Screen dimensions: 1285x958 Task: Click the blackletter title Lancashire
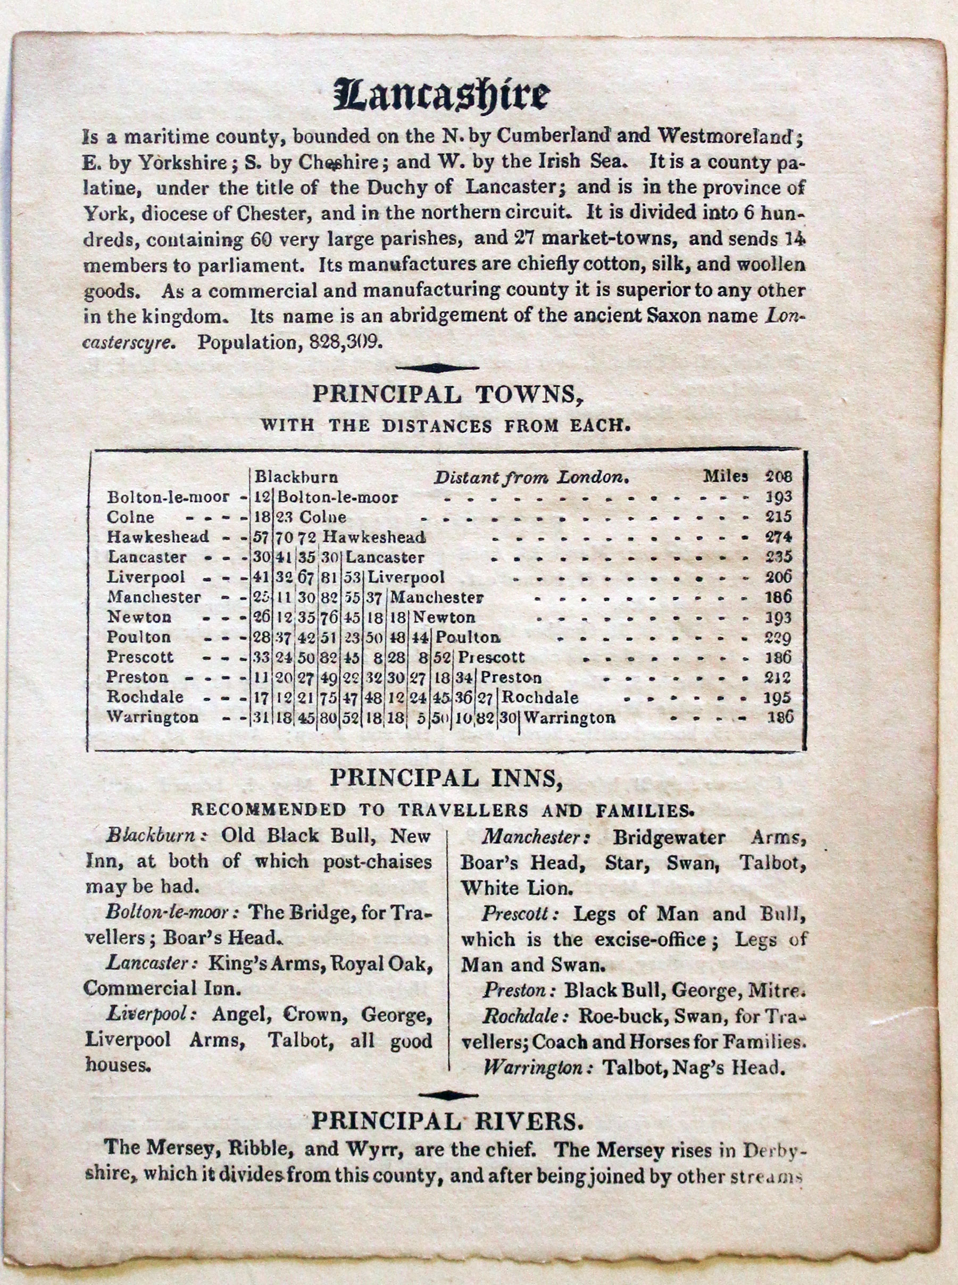coord(441,96)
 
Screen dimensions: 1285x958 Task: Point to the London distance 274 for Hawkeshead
coord(778,537)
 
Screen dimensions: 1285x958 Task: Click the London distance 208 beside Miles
coord(778,477)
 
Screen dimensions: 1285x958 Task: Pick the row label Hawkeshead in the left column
coord(158,537)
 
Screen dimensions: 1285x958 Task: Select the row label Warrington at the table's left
coord(153,717)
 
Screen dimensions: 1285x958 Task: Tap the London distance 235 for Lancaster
coord(778,557)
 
